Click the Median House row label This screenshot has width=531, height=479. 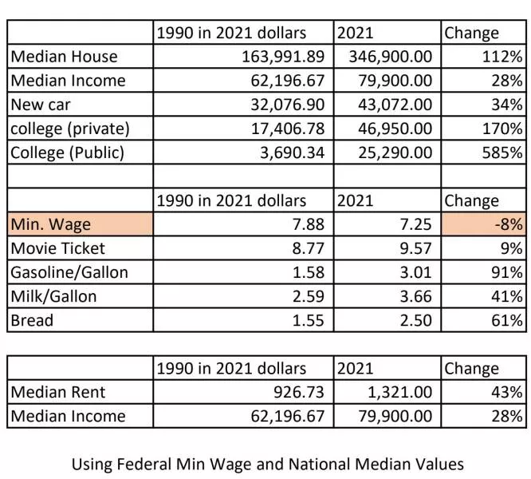coord(64,57)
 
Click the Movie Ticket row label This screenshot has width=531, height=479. coord(57,249)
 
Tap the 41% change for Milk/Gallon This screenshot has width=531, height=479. coord(509,297)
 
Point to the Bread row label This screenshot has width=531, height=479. coord(32,321)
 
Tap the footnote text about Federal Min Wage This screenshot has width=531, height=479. coord(267,463)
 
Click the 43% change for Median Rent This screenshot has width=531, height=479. coord(509,393)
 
